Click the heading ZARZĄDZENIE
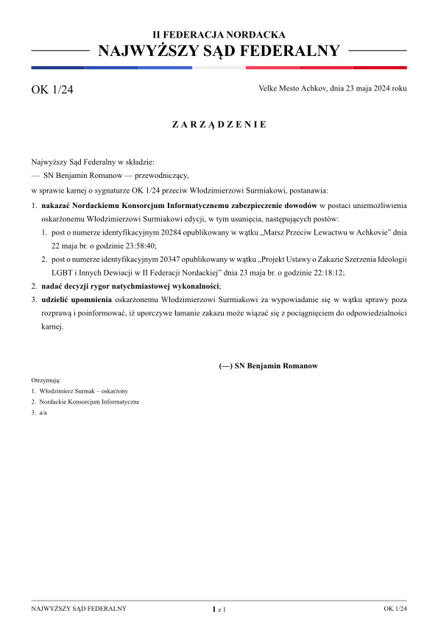click(x=219, y=124)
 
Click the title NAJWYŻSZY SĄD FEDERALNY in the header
click(x=219, y=51)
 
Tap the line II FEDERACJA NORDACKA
click(x=219, y=35)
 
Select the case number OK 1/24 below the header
click(x=52, y=90)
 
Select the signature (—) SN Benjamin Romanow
click(x=269, y=365)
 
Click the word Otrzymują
click(x=46, y=380)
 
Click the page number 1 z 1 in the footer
click(x=219, y=609)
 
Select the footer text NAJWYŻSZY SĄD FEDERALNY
click(x=79, y=609)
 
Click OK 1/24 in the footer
click(x=395, y=609)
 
